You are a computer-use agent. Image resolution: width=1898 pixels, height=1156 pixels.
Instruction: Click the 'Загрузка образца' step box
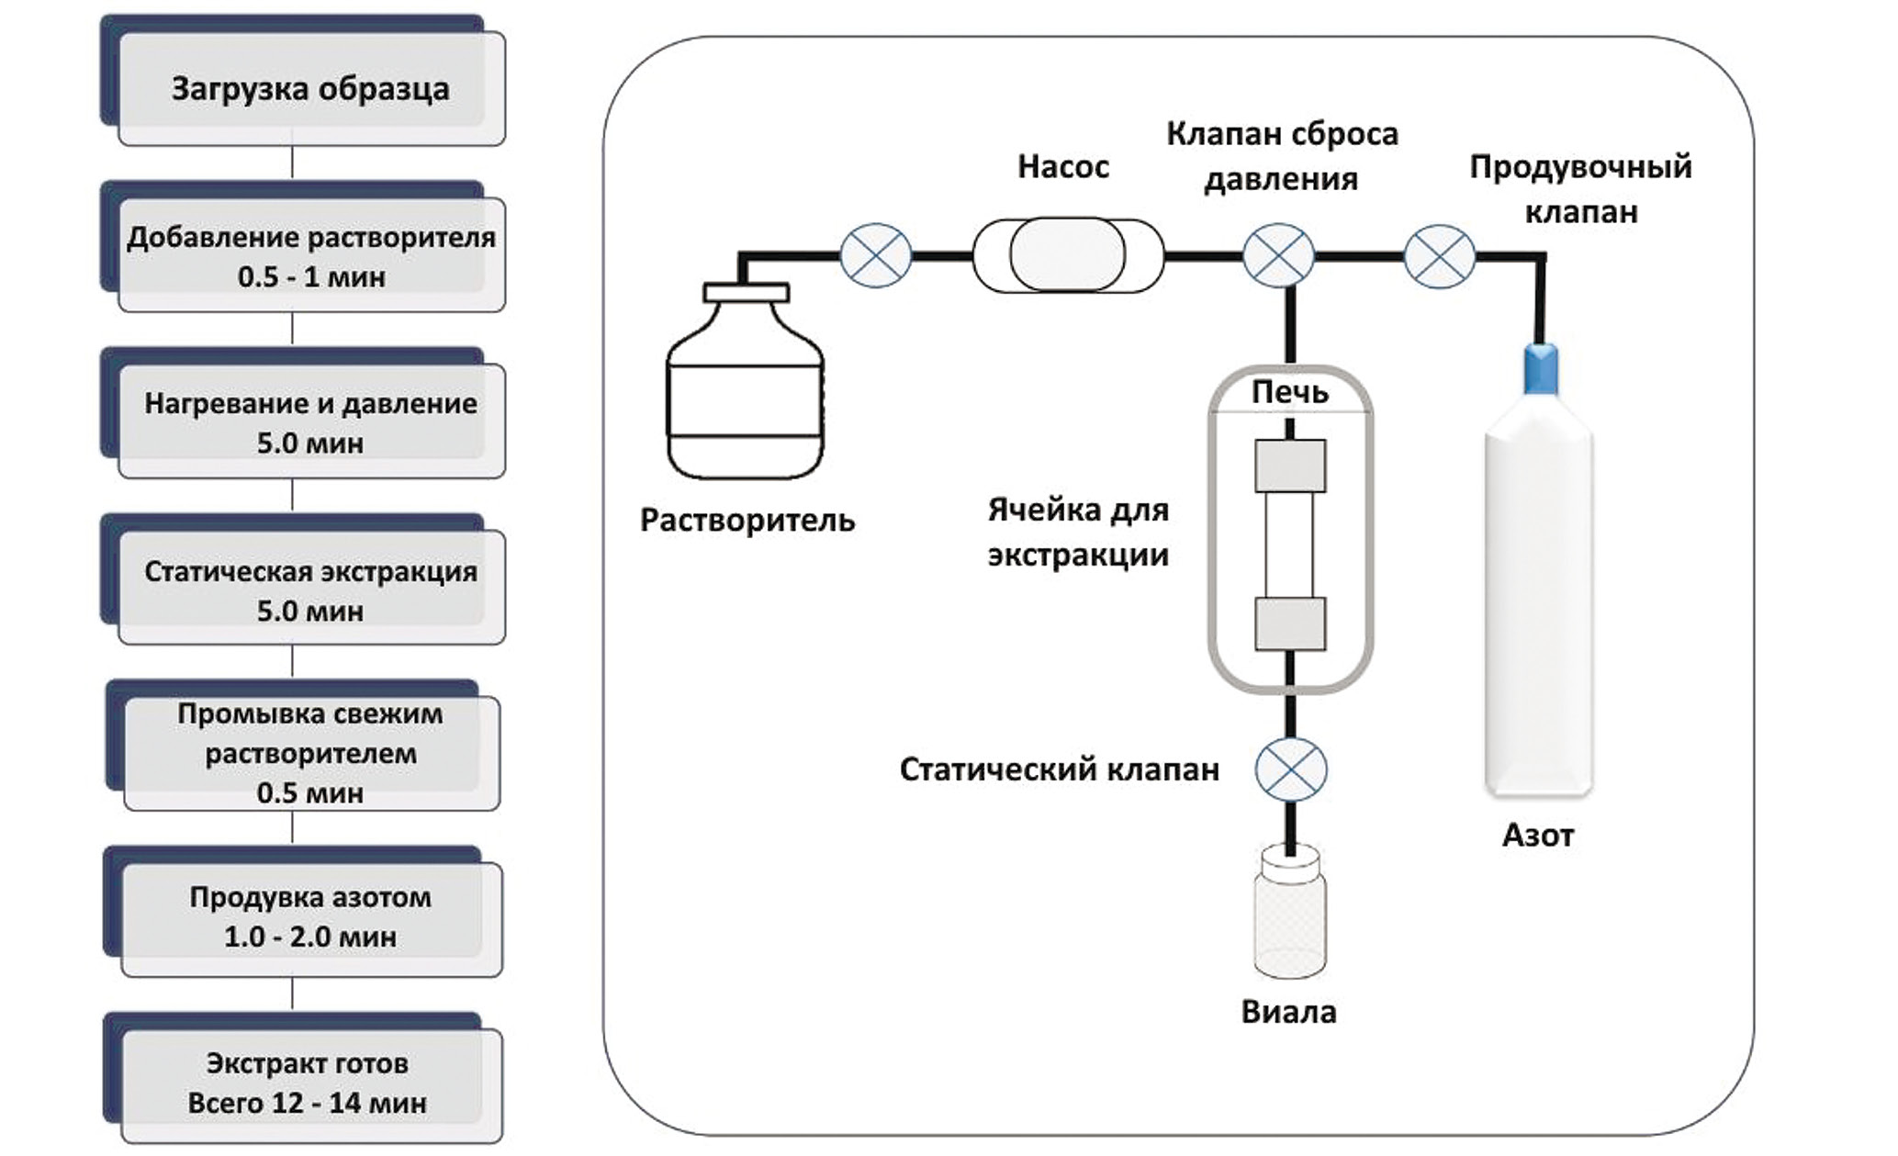pyautogui.click(x=309, y=89)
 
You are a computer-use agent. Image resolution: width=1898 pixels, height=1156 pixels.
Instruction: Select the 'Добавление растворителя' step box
pyautogui.click(x=310, y=256)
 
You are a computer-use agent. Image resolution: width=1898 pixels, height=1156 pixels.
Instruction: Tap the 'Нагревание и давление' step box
pyautogui.click(x=310, y=422)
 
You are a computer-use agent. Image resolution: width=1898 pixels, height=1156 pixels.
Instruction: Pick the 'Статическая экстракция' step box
pyautogui.click(x=310, y=590)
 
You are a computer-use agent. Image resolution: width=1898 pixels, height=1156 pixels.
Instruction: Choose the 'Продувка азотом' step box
pyautogui.click(x=310, y=916)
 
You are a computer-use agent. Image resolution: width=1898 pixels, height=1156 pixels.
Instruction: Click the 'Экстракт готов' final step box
pyautogui.click(x=309, y=1083)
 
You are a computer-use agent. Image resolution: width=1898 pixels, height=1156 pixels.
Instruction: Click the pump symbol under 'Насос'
pyautogui.click(x=1067, y=255)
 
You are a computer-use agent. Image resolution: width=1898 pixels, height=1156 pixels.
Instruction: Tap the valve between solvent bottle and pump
pyautogui.click(x=876, y=255)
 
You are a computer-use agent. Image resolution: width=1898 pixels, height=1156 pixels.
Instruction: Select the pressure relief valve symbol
pyautogui.click(x=1278, y=256)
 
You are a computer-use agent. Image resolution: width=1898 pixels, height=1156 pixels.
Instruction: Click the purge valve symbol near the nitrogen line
pyautogui.click(x=1440, y=256)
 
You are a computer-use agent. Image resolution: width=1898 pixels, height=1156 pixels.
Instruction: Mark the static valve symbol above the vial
pyautogui.click(x=1291, y=769)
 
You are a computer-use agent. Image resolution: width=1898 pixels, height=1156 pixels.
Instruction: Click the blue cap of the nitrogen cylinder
pyautogui.click(x=1541, y=368)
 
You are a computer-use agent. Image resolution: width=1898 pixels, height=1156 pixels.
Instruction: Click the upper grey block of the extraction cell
pyautogui.click(x=1290, y=466)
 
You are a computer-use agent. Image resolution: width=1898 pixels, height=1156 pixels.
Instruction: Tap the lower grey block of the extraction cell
pyautogui.click(x=1290, y=623)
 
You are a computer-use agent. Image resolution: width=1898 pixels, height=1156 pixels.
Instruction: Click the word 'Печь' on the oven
pyautogui.click(x=1290, y=393)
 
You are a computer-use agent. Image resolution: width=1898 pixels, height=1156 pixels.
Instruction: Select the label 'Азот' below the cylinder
pyautogui.click(x=1538, y=835)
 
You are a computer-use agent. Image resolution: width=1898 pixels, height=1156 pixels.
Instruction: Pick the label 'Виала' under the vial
pyautogui.click(x=1289, y=1012)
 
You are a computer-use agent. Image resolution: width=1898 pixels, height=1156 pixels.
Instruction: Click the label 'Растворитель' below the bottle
pyautogui.click(x=747, y=520)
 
